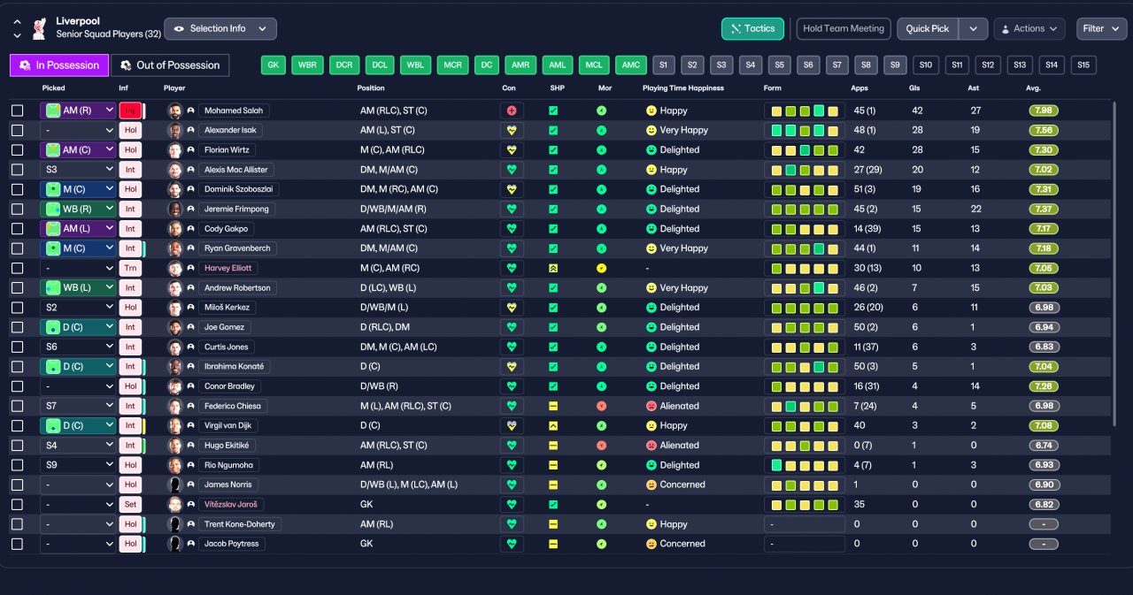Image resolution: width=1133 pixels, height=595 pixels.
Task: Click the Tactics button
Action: tap(752, 29)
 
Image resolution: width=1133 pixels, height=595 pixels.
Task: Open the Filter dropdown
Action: tap(1101, 29)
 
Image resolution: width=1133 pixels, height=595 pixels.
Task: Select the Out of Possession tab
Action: tap(170, 65)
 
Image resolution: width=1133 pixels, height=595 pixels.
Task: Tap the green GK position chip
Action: tap(274, 65)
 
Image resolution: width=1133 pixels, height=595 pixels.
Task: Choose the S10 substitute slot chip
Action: tap(926, 65)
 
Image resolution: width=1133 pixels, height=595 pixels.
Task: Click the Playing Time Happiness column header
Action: tap(682, 88)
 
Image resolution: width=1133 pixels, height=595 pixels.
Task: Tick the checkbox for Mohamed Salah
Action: tap(17, 111)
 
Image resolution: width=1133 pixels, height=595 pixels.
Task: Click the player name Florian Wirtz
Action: tap(227, 150)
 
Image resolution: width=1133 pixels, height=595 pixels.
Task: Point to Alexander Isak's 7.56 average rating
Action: tap(1044, 130)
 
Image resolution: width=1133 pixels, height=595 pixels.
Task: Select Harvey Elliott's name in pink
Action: tap(227, 268)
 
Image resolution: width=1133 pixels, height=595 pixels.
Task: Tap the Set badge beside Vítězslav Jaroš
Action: tap(130, 505)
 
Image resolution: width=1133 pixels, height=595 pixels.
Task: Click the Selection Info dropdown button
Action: tap(220, 29)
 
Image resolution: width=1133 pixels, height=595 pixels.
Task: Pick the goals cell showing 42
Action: tap(917, 111)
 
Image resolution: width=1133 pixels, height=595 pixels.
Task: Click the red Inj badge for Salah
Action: tap(130, 111)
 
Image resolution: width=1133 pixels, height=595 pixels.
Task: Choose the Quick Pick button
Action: tap(927, 29)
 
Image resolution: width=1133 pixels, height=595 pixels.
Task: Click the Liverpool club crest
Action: tap(40, 28)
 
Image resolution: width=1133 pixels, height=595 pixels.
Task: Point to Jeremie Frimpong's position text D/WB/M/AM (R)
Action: tap(393, 210)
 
